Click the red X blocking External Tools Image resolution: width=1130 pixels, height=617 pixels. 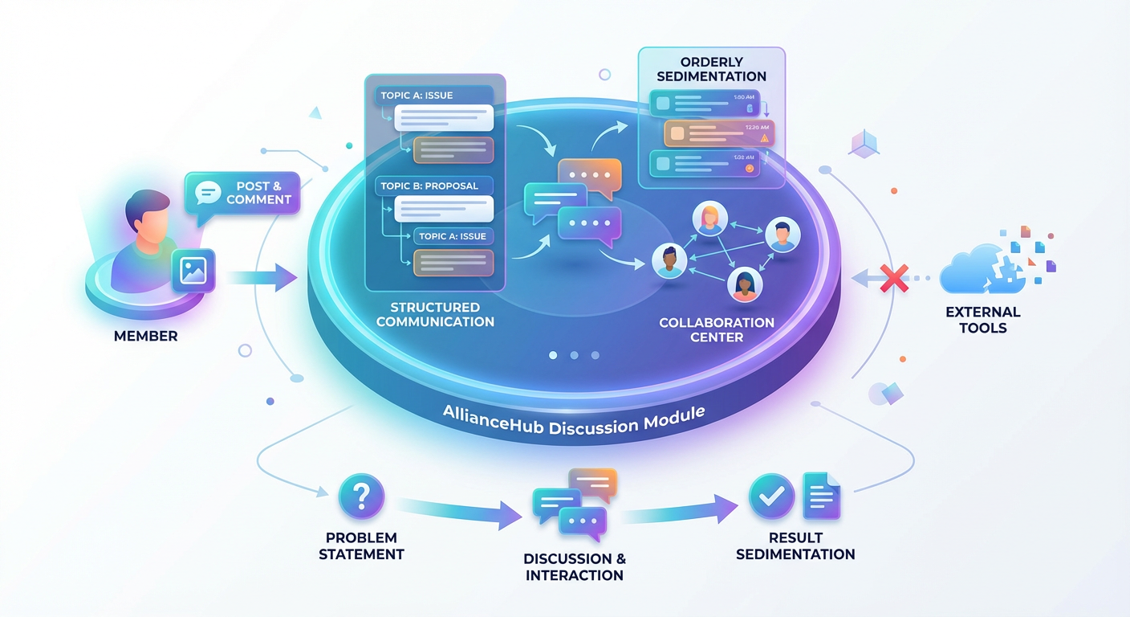(x=892, y=279)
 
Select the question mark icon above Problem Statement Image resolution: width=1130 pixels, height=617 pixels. (x=362, y=496)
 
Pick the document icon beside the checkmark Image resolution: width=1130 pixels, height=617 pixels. (x=821, y=496)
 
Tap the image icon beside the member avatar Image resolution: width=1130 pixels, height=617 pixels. (x=193, y=269)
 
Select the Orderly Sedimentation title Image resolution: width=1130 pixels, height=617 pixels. (x=711, y=69)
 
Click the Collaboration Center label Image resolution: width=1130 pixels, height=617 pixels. (x=716, y=329)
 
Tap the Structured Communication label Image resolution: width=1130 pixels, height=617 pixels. (x=435, y=314)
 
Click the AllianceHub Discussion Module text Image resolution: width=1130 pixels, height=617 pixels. (x=573, y=419)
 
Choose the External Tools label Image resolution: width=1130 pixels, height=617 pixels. (x=982, y=319)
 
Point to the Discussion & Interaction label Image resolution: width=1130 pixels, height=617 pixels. (x=574, y=566)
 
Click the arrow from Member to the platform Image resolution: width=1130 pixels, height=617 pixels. (x=261, y=278)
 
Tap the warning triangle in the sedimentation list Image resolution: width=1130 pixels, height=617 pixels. (x=764, y=138)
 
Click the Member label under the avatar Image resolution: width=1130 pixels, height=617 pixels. (x=145, y=336)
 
